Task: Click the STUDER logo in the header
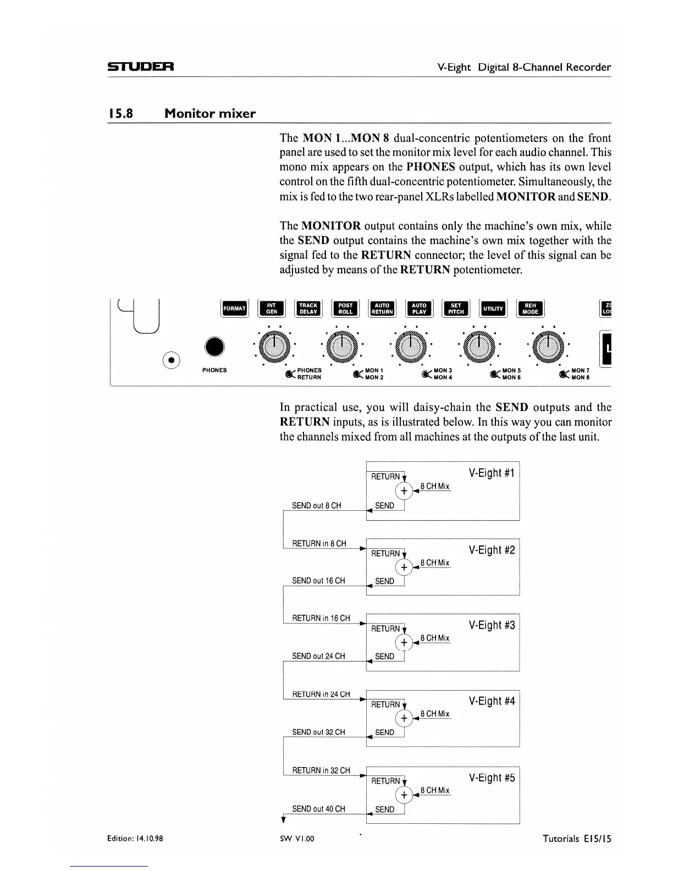tap(141, 67)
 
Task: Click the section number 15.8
tap(120, 114)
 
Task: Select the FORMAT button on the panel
tap(234, 308)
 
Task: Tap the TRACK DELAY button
tap(308, 308)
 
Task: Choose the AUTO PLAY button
tap(419, 308)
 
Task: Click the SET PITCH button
tap(456, 308)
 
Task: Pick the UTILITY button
tap(493, 308)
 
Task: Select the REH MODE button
tap(530, 308)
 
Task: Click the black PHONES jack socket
tap(214, 346)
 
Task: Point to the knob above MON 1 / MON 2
tap(342, 346)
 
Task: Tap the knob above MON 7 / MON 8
tap(548, 346)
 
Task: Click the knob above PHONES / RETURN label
tap(274, 346)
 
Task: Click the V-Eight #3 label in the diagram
tap(492, 625)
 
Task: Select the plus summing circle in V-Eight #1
tap(404, 490)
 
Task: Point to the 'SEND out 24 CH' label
tap(318, 656)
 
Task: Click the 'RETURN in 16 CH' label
tap(321, 618)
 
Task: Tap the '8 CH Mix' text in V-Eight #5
tap(435, 790)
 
